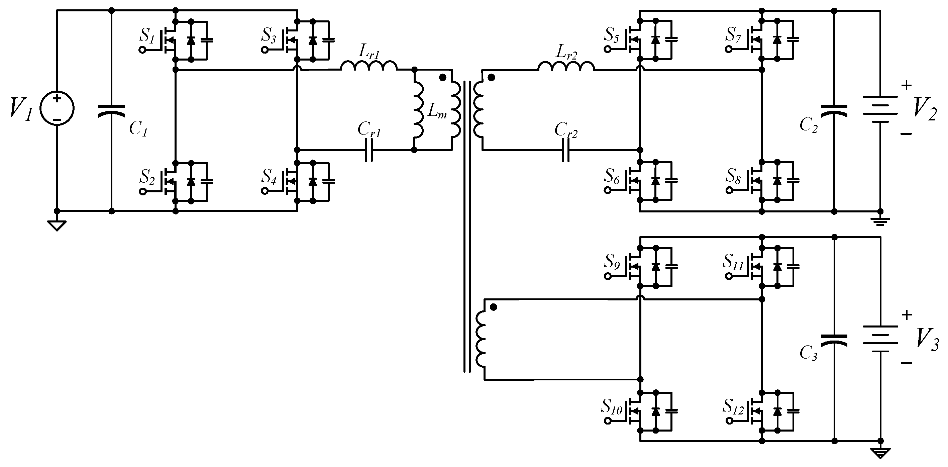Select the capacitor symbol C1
[111, 111]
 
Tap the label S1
[147, 36]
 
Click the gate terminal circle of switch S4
[265, 191]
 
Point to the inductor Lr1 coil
[369, 66]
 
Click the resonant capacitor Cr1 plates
[369, 150]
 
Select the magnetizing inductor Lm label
[437, 111]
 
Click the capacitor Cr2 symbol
[566, 150]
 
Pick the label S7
[733, 35]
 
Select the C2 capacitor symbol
[834, 110]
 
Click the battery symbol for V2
[880, 109]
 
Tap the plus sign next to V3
[907, 315]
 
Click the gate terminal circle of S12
[729, 420]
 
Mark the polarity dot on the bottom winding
[494, 307]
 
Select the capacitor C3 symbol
[834, 340]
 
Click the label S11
[733, 262]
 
